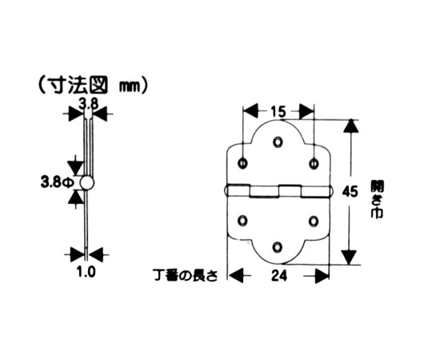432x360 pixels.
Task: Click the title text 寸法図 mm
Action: [x=94, y=86]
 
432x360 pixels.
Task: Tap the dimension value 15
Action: [x=278, y=112]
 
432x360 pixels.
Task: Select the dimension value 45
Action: [x=350, y=191]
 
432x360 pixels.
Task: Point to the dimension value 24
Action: [x=279, y=275]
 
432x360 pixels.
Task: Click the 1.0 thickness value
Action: [x=86, y=272]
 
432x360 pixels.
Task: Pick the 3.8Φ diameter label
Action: [x=58, y=182]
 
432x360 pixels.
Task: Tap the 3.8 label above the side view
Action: [x=89, y=104]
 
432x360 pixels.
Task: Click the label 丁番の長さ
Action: [x=186, y=276]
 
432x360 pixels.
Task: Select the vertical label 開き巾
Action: [x=377, y=199]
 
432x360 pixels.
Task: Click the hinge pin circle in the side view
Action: [x=87, y=182]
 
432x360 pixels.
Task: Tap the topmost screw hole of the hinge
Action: [x=278, y=142]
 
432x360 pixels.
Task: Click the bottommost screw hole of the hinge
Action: [x=278, y=247]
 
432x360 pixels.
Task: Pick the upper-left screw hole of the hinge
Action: [x=242, y=163]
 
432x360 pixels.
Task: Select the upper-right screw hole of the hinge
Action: [x=314, y=164]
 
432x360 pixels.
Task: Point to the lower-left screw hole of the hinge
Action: [x=242, y=221]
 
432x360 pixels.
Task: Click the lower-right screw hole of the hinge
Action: [x=314, y=221]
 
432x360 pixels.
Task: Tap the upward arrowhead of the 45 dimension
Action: [x=350, y=126]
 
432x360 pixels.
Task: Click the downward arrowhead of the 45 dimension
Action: [x=350, y=258]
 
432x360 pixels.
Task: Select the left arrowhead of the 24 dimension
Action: [x=237, y=275]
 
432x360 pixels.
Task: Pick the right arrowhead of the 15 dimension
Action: [x=306, y=111]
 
